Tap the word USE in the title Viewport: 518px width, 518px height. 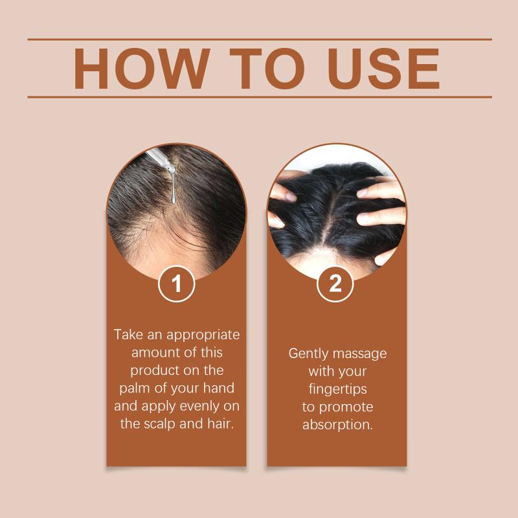(383, 69)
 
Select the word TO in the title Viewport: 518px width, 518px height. (267, 69)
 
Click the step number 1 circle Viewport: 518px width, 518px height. (176, 284)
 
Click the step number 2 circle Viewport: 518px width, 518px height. (335, 284)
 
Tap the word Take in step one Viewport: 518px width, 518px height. (128, 334)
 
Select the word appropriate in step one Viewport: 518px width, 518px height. (203, 335)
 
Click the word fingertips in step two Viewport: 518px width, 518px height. (337, 390)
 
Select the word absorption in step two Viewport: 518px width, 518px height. (337, 425)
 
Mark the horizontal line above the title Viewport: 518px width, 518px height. (260, 39)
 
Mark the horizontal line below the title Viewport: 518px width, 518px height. (260, 97)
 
